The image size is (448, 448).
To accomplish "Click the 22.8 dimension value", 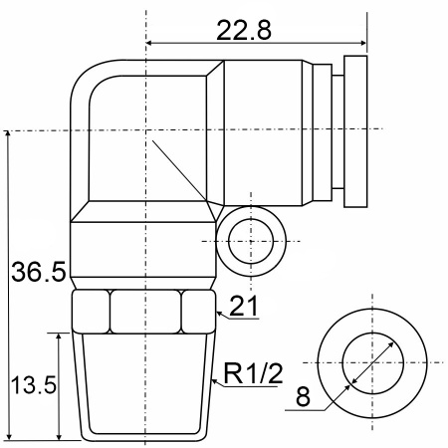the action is (x=244, y=30).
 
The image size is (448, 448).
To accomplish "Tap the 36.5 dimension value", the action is (x=39, y=272).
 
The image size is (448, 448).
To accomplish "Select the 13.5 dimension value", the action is (x=34, y=385).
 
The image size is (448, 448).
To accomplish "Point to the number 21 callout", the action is (x=244, y=306).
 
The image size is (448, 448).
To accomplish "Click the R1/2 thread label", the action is (x=254, y=373).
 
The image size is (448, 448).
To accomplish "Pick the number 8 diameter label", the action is (x=303, y=396).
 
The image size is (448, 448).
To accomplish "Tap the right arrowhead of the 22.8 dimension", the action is (x=363, y=43).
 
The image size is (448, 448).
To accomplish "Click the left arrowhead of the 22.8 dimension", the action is (x=149, y=43).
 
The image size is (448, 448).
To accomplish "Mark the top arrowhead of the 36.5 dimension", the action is (x=8, y=134).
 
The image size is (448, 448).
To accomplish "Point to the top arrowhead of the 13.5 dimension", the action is (x=59, y=336).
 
